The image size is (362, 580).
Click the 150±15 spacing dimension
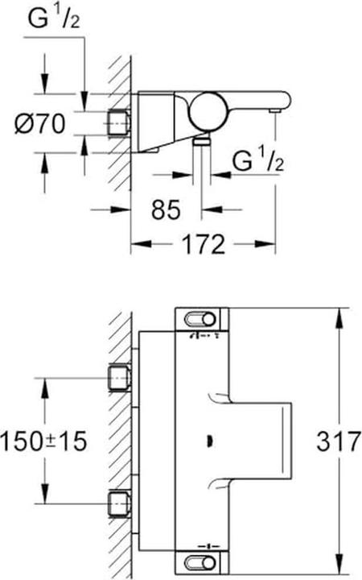tap(45, 441)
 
